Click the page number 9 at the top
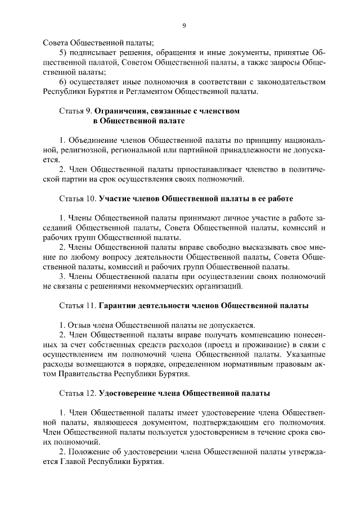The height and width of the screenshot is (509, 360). (x=184, y=25)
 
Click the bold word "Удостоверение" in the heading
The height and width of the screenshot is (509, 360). (x=130, y=393)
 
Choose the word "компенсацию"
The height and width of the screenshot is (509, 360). (x=271, y=335)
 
